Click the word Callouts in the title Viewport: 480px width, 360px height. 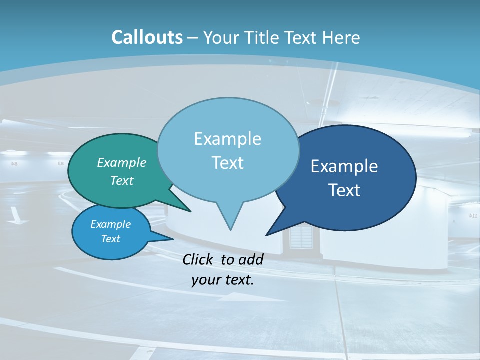coord(147,37)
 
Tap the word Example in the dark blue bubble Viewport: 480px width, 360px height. coord(344,166)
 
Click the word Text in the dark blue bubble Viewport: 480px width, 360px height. coord(344,190)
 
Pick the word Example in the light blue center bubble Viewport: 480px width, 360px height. coord(227,139)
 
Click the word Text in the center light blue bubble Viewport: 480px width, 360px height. coord(227,163)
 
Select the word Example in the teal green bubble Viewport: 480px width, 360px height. coord(122,163)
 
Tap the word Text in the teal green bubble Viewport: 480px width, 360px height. coord(122,181)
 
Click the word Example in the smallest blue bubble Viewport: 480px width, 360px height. coord(110,224)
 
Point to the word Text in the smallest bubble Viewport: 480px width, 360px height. coord(110,239)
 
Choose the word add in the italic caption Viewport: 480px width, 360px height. coord(251,259)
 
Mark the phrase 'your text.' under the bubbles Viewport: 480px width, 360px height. coord(223,280)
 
